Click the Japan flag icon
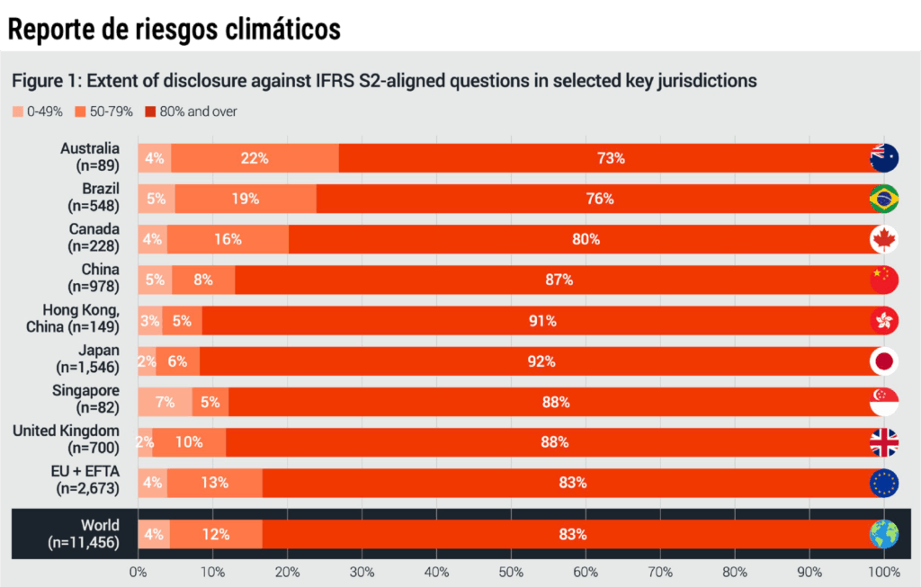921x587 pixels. (x=883, y=361)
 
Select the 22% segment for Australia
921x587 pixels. (x=255, y=158)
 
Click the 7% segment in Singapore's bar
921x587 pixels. (x=165, y=402)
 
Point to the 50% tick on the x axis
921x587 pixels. (x=511, y=571)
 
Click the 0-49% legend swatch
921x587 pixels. (x=18, y=112)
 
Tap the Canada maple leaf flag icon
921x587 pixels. (x=883, y=239)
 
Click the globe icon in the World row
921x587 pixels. (x=883, y=534)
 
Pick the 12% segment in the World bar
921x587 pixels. (x=216, y=534)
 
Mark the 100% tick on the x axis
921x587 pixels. (x=883, y=571)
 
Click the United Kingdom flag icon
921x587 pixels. (x=883, y=442)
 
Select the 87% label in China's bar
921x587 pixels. (x=559, y=280)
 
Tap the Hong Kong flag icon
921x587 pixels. (x=883, y=320)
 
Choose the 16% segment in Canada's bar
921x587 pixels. (x=228, y=239)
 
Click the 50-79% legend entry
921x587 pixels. (x=104, y=112)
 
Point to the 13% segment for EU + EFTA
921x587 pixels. (x=215, y=483)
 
